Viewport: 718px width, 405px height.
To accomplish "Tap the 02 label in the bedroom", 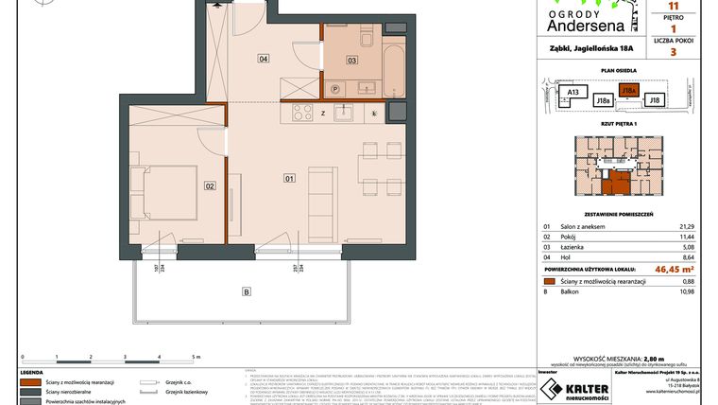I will coord(210,186).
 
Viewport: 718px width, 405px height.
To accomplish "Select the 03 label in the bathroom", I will coord(350,61).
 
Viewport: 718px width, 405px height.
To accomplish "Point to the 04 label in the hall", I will coord(264,60).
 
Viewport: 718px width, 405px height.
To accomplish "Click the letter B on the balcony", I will coord(247,291).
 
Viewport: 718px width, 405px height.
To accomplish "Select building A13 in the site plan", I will coord(572,92).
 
